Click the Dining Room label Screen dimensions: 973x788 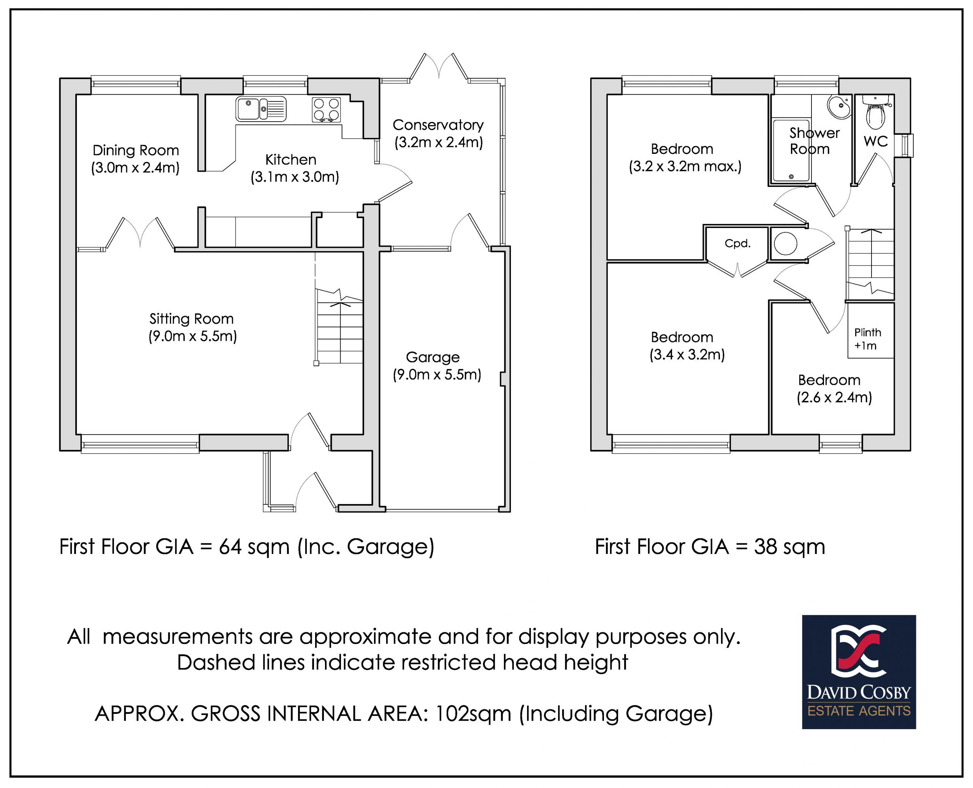[136, 150]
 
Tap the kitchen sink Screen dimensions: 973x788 [261, 109]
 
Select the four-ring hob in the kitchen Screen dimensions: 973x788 [326, 110]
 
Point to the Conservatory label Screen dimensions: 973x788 [438, 125]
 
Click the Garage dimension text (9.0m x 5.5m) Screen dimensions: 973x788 [437, 375]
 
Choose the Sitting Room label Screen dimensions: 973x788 [192, 319]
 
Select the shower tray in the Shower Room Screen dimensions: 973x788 [791, 150]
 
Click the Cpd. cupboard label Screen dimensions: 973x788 [737, 244]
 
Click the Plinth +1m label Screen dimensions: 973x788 [867, 339]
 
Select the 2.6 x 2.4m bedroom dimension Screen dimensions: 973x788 [835, 398]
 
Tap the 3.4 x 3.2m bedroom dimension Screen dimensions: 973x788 [687, 354]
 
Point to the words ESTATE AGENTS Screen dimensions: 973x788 [859, 710]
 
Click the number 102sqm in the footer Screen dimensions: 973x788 [473, 714]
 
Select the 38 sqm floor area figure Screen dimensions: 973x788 [789, 546]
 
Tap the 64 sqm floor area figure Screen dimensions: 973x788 [254, 546]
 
